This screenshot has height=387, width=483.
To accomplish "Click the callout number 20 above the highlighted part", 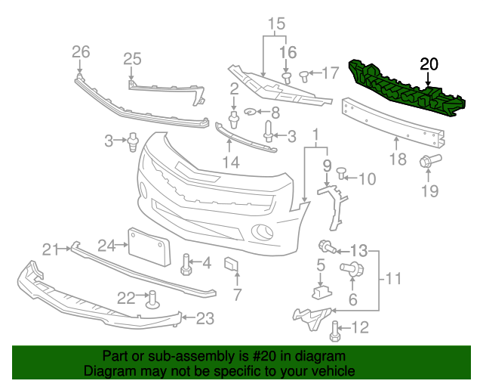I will click(x=429, y=65).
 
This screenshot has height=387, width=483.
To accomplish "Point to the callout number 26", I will click(x=80, y=51).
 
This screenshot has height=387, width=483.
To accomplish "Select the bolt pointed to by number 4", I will click(x=185, y=264).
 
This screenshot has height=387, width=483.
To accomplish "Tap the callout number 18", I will click(x=398, y=159).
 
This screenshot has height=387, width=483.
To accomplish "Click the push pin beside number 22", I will click(x=152, y=299).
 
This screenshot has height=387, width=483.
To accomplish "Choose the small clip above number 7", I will click(x=232, y=264).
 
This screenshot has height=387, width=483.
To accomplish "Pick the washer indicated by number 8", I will click(x=251, y=113).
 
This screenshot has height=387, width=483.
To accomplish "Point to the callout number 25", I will click(x=132, y=58).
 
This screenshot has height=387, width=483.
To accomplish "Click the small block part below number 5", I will click(x=320, y=289).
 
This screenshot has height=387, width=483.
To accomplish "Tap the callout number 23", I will click(x=205, y=319).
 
